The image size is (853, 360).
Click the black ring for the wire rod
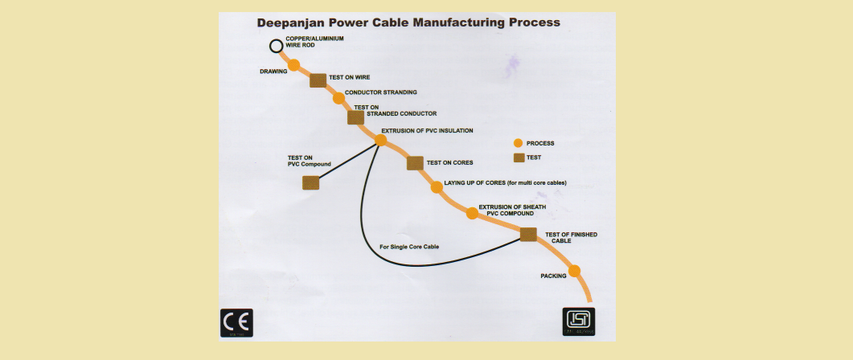(x=277, y=46)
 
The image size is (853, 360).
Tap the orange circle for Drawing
(x=294, y=65)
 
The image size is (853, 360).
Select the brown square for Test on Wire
(x=318, y=80)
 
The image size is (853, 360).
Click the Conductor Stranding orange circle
(x=338, y=98)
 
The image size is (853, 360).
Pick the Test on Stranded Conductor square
(x=355, y=117)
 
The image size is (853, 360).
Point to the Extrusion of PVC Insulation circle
(x=381, y=140)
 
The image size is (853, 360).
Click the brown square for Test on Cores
(x=415, y=163)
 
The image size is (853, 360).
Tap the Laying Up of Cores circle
(x=437, y=186)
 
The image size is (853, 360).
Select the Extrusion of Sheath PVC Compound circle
(x=472, y=213)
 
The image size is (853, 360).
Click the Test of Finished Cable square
(x=528, y=235)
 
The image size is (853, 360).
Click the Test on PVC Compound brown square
(x=311, y=182)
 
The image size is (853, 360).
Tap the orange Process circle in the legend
(x=519, y=143)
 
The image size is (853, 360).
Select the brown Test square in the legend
(x=519, y=157)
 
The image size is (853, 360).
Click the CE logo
(x=237, y=323)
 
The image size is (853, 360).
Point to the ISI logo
(x=578, y=322)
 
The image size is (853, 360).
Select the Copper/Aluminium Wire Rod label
(x=312, y=42)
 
